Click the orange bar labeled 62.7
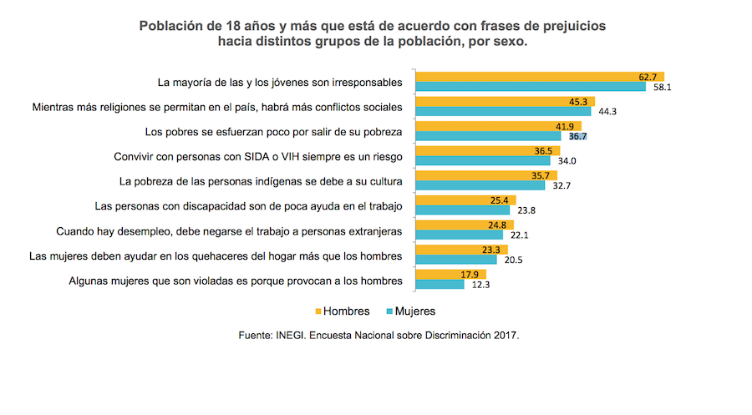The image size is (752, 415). tap(539, 77)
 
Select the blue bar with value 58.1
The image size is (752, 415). tap(531, 87)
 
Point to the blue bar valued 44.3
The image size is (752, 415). tap(503, 111)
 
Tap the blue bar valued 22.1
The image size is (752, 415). tap(459, 235)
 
